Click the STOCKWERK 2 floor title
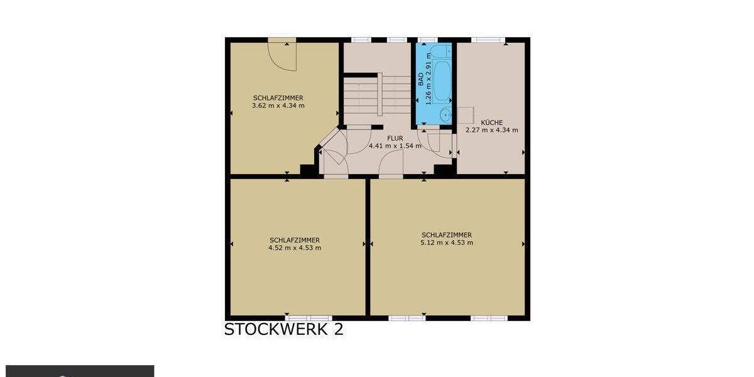coord(283,330)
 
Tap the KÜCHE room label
coord(491,123)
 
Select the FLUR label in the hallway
coord(395,138)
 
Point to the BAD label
coord(421,79)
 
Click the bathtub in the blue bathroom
coord(440,82)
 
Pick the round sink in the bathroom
coord(445,115)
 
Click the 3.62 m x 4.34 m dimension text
coord(278,106)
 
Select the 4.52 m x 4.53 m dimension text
coord(295,248)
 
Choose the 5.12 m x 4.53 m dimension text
coord(447,243)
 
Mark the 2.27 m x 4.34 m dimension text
coord(491,130)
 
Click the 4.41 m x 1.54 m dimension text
coord(395,146)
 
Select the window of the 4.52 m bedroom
coord(308,318)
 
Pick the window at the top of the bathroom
coord(427,40)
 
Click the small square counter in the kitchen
coord(464,115)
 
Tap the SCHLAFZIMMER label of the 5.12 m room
coord(447,235)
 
